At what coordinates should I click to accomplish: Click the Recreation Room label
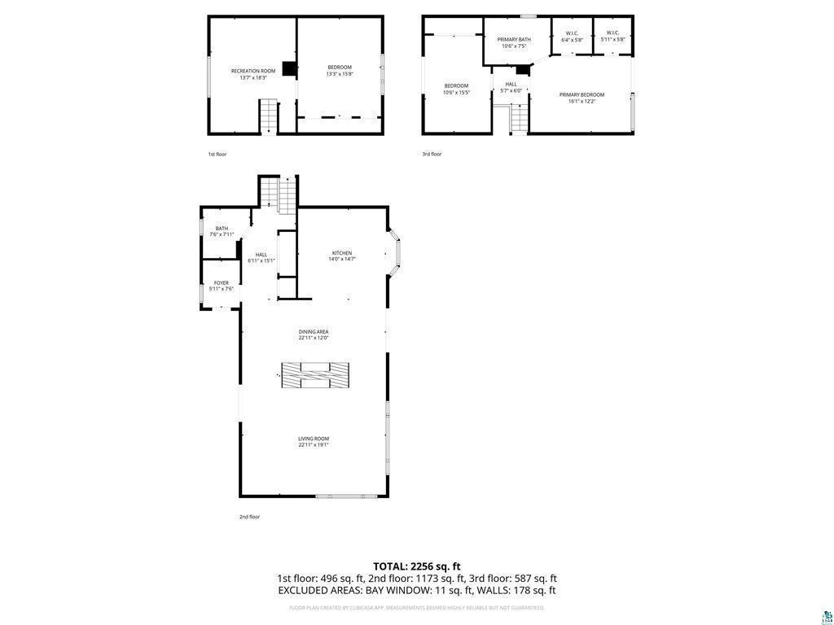[253, 74]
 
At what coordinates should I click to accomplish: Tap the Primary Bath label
[514, 42]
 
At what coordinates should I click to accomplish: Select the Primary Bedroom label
[582, 98]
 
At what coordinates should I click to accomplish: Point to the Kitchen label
[342, 256]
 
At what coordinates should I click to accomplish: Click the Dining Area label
[314, 334]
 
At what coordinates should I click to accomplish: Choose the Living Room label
[314, 442]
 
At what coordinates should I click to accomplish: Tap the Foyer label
[222, 286]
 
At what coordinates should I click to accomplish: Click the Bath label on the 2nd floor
[222, 231]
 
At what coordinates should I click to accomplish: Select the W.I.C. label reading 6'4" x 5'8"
[572, 37]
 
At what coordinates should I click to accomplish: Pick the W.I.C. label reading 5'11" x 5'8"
[612, 36]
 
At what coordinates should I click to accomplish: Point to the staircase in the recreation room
[269, 116]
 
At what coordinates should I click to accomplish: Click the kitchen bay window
[394, 252]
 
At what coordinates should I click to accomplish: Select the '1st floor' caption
[217, 154]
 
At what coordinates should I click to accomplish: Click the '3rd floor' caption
[432, 154]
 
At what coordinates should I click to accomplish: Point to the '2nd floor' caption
[249, 517]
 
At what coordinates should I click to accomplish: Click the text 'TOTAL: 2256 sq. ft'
[417, 566]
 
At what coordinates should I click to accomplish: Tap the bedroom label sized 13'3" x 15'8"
[340, 70]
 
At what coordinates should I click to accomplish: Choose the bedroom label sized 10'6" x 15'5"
[456, 89]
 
